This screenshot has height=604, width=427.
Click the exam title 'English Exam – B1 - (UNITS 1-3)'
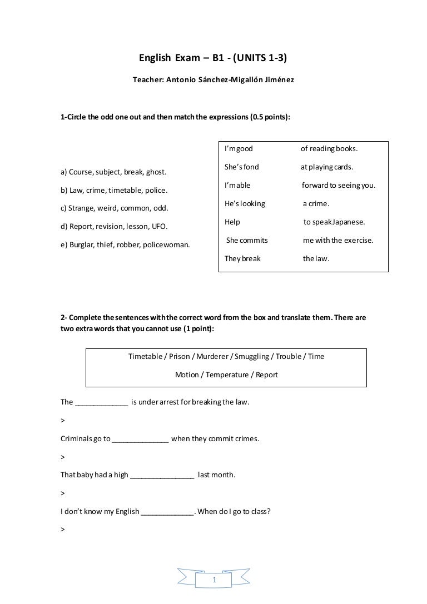pos(213,57)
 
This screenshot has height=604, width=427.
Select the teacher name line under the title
pos(213,80)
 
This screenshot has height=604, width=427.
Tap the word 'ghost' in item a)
pos(156,172)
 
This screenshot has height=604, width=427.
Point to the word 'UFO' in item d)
pos(160,227)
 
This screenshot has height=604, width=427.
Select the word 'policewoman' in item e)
pos(166,244)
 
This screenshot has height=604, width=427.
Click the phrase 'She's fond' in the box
pos(241,167)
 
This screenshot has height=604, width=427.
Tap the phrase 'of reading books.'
pos(329,149)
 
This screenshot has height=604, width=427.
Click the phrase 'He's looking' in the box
pos(245,203)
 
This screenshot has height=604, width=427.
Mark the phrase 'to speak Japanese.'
pos(334,222)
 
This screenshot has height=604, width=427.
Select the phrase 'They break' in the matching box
pos(242,258)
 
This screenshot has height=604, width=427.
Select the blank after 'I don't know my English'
pos(167,512)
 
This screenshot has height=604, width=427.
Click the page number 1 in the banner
pos(214,581)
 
